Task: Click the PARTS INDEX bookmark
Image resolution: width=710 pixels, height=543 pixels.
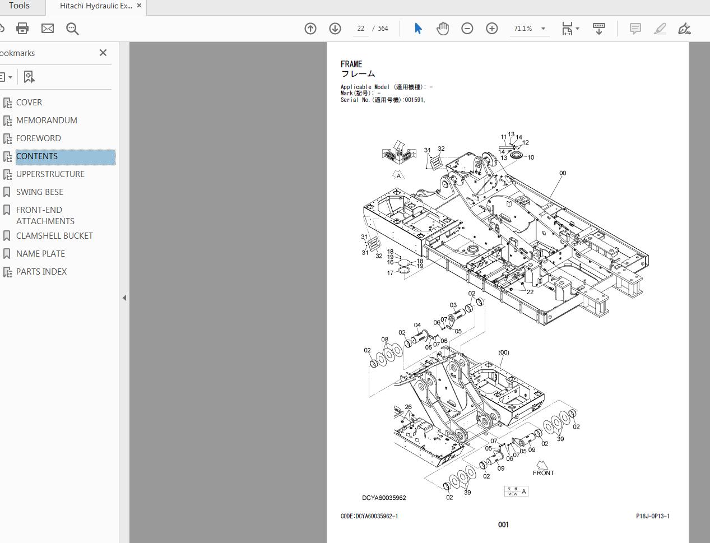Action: click(41, 272)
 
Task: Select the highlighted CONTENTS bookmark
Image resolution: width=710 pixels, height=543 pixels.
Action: click(37, 156)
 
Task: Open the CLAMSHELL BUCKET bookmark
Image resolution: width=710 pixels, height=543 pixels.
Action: click(54, 236)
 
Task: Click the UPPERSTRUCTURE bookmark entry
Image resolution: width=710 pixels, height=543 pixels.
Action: click(50, 174)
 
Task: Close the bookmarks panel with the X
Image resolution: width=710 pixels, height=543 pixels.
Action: click(103, 53)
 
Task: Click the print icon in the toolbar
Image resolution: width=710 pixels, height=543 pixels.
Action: click(22, 29)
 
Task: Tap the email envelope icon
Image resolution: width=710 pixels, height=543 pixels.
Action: click(48, 29)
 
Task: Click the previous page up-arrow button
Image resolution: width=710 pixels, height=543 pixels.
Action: click(310, 29)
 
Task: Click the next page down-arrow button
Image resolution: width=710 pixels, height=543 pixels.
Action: click(335, 29)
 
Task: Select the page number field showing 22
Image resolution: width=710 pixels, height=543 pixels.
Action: click(360, 29)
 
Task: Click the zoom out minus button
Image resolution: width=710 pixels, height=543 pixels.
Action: click(467, 29)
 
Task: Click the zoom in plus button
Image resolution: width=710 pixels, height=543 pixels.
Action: click(491, 29)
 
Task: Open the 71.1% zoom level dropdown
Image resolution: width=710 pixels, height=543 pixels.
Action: click(530, 29)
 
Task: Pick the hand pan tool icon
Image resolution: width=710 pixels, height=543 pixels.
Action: click(443, 29)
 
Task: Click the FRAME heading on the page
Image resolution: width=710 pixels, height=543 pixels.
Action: click(351, 64)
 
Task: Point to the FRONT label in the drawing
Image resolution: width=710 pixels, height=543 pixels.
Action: click(543, 473)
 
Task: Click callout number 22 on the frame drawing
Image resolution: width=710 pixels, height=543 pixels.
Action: click(530, 292)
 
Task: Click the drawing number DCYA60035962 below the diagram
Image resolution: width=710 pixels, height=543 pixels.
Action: click(384, 498)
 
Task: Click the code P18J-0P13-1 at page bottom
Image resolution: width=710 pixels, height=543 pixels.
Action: click(652, 516)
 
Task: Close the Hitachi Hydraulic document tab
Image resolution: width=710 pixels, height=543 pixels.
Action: click(140, 6)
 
